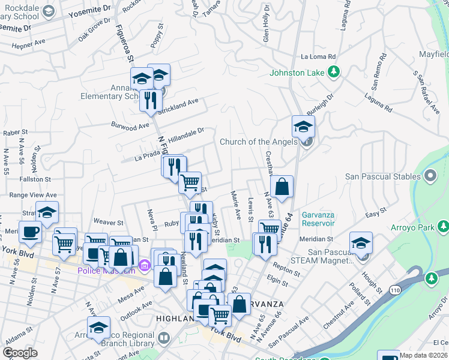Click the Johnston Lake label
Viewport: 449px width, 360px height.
click(x=297, y=73)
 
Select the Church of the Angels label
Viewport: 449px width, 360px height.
click(x=258, y=142)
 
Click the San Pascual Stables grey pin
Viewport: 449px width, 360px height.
click(x=430, y=176)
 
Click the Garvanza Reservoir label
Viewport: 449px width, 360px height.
click(x=310, y=219)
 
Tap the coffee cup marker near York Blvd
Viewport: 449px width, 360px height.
click(x=30, y=230)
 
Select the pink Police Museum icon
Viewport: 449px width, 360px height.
click(x=144, y=265)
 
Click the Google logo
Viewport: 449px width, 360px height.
click(x=20, y=353)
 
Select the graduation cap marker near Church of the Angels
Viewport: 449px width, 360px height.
click(x=304, y=126)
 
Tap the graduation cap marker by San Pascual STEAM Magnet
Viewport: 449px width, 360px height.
click(x=361, y=242)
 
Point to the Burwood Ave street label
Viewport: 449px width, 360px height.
click(x=130, y=126)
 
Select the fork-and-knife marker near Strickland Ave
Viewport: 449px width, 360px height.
click(x=151, y=99)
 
